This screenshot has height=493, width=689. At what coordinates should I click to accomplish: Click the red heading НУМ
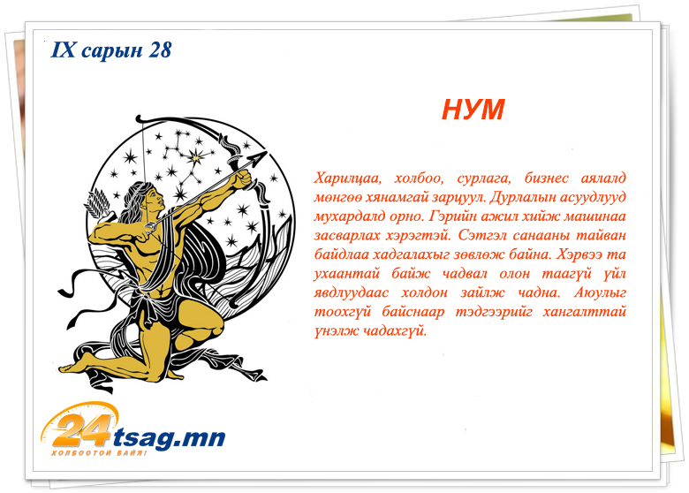[x=473, y=109]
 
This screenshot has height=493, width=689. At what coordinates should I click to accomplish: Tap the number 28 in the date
[x=160, y=50]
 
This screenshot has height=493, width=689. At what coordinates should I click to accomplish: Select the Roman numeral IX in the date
[x=64, y=50]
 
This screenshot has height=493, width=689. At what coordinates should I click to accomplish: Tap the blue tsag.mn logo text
[x=170, y=438]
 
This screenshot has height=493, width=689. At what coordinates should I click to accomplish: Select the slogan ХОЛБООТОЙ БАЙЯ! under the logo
[x=99, y=453]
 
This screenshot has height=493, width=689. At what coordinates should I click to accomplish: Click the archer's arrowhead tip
[x=267, y=152]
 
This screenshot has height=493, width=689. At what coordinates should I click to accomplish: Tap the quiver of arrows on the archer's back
[x=99, y=206]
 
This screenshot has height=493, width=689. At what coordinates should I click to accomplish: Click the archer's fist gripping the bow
[x=243, y=178]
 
